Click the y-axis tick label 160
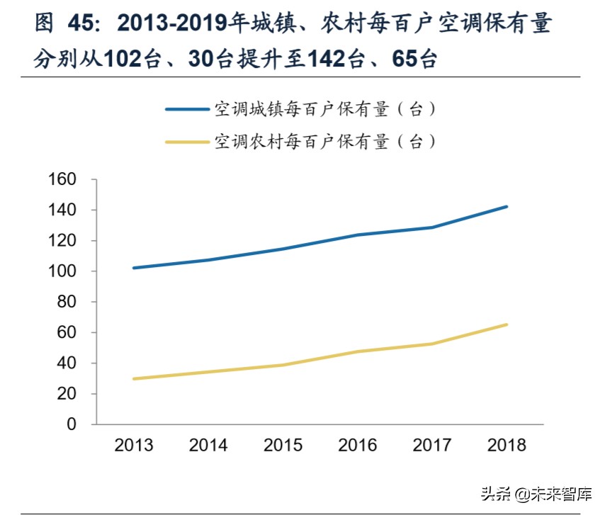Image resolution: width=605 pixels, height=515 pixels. click(x=62, y=180)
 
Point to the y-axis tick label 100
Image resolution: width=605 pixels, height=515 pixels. click(x=62, y=271)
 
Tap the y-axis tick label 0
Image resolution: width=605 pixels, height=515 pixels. click(x=71, y=424)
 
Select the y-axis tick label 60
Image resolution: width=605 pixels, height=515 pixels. click(x=66, y=332)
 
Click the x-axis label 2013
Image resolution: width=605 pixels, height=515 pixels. click(x=134, y=445)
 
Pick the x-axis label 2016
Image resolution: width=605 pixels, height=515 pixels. click(x=358, y=445)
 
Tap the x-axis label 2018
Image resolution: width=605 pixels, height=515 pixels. click(x=507, y=445)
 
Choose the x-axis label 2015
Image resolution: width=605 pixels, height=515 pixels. click(x=283, y=445)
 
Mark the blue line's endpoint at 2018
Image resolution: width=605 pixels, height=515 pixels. click(x=507, y=207)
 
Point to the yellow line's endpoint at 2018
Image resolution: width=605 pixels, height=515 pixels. click(x=507, y=324)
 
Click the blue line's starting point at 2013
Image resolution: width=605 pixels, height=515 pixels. click(x=134, y=268)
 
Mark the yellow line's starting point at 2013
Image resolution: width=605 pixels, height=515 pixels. click(x=134, y=378)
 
